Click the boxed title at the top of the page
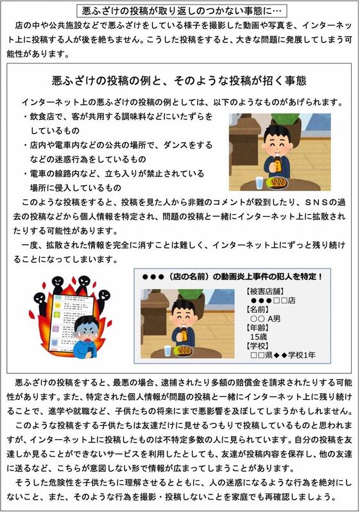coord(182,11)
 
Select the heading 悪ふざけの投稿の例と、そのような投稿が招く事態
coord(179,81)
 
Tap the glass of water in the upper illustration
coord(259,183)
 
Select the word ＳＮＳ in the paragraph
coord(316,202)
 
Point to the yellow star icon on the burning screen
coord(58,305)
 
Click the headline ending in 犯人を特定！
coord(232,277)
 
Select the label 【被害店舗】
coord(265,291)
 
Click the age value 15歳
coord(258,337)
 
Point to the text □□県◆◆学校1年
coord(283,355)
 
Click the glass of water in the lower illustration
coord(167,351)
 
